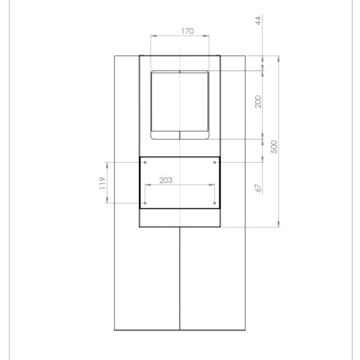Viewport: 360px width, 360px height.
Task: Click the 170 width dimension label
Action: pyautogui.click(x=187, y=32)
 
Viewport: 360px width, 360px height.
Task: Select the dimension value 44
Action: pyautogui.click(x=259, y=22)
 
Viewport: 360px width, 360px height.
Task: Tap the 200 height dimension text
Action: pyautogui.click(x=259, y=103)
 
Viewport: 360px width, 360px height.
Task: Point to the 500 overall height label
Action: pyautogui.click(x=274, y=146)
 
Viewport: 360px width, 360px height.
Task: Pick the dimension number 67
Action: pyautogui.click(x=259, y=187)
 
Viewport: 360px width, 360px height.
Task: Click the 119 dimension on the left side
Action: pyautogui.click(x=103, y=182)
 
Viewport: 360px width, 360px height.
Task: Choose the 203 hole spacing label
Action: pyautogui.click(x=167, y=180)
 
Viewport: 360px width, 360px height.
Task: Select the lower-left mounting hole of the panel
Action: pyautogui.click(x=146, y=203)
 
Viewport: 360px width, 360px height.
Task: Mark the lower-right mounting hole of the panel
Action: pyautogui.click(x=215, y=203)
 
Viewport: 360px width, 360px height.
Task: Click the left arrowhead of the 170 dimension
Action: pyautogui.click(x=153, y=37)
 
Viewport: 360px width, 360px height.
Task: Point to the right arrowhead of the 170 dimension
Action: pyautogui.click(x=208, y=37)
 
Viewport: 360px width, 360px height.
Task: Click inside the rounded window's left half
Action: pyautogui.click(x=166, y=105)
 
